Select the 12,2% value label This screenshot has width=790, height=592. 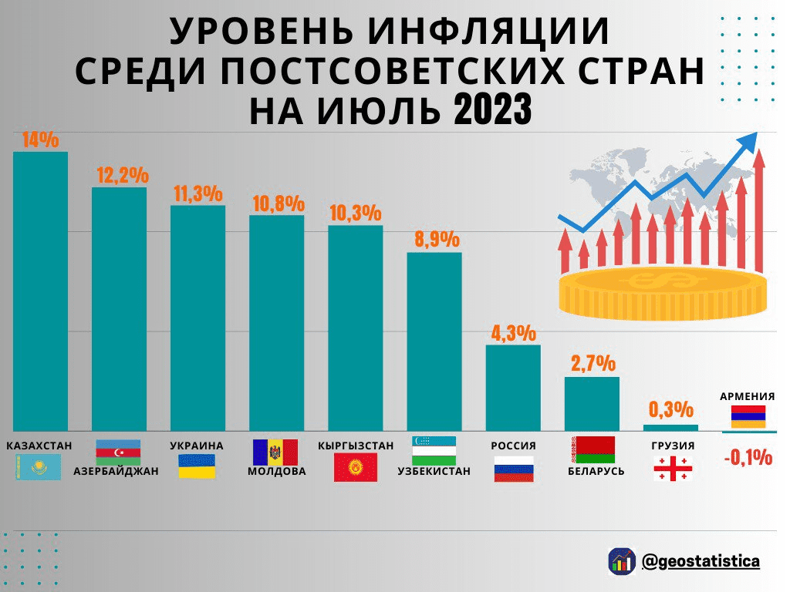pos(122,175)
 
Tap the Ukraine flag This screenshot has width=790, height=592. pos(197,466)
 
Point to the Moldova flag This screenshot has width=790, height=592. pos(275,452)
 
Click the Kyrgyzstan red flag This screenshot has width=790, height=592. pos(355,467)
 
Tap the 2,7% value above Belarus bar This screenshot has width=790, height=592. pos(592,363)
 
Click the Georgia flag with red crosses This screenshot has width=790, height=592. pos(673,468)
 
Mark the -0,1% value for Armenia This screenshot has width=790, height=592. pos(748,458)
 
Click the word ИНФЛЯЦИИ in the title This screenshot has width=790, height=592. pos(488,32)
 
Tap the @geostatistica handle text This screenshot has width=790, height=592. pos(701,561)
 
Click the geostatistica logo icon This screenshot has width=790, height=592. pos(622,561)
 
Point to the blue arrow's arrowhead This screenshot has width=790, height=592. pos(747,142)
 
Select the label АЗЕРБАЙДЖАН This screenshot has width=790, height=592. pos(116,471)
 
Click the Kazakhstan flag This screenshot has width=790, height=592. pos(38,467)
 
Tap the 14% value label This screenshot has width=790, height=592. pos(40,140)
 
